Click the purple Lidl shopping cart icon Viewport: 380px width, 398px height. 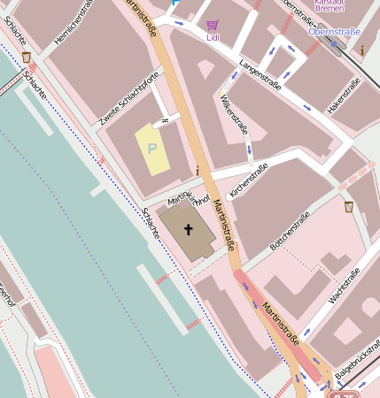[x=212, y=26]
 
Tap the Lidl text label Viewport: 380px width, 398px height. [x=213, y=38]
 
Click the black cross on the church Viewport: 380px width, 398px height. [x=188, y=230]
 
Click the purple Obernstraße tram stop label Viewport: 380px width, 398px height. [x=335, y=32]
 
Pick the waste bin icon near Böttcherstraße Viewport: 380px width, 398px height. [x=349, y=207]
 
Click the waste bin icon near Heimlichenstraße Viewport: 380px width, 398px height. [x=27, y=57]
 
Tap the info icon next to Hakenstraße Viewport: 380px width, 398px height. [x=361, y=50]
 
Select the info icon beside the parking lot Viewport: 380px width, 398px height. [x=197, y=170]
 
